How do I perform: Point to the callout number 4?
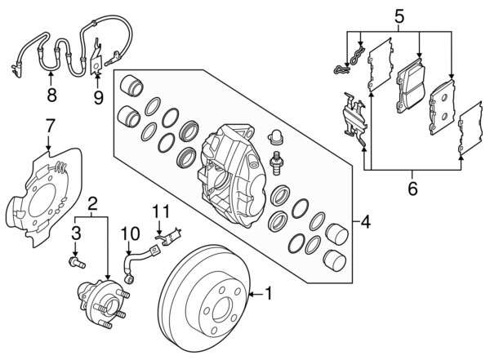pos(366,221)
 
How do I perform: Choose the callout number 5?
pos(399,15)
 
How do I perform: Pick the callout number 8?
pos(51,95)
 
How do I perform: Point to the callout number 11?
pos(160,211)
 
